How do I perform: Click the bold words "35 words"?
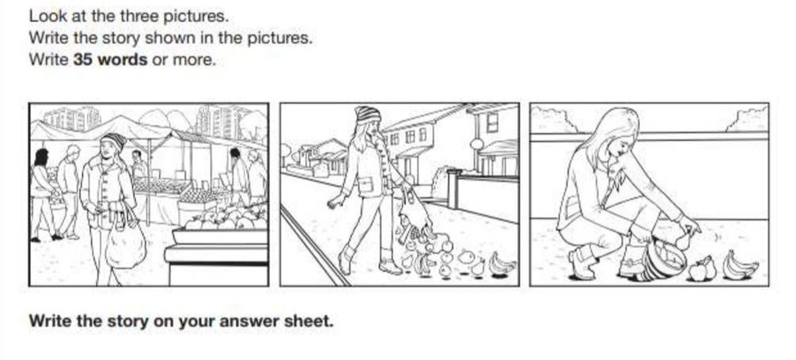(x=110, y=59)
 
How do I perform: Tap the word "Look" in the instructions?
(x=43, y=16)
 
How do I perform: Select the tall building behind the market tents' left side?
(x=72, y=119)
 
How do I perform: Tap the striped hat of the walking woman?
(x=367, y=115)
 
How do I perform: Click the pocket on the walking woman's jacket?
(x=366, y=185)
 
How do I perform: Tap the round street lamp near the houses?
(x=476, y=145)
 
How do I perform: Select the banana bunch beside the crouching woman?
(x=740, y=265)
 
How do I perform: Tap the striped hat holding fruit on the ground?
(x=662, y=261)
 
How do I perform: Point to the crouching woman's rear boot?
(x=583, y=263)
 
